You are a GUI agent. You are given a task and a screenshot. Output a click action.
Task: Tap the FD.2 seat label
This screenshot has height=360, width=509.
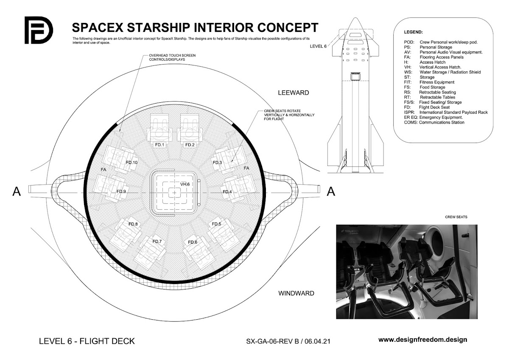189,145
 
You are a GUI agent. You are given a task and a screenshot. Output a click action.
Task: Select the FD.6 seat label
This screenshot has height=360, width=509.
193,242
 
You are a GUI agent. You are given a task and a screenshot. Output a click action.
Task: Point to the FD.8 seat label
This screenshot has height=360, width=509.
133,224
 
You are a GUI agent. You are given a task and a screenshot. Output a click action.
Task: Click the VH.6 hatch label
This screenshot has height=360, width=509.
185,184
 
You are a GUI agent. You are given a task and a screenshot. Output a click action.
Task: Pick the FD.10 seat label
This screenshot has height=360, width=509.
132,163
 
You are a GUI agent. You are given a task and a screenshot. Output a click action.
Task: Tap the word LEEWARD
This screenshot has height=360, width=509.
294,93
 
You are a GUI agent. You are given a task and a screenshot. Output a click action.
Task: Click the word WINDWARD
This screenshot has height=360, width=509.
296,293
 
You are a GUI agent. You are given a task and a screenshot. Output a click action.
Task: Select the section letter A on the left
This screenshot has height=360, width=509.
17,192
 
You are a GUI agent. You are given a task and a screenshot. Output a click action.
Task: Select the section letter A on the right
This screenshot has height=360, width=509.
331,192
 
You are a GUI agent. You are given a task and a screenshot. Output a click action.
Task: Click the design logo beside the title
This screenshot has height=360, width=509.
38,30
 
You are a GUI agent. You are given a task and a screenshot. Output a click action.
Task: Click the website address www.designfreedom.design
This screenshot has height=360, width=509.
422,340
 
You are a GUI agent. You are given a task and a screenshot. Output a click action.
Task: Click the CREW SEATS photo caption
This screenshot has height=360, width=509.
456,217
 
